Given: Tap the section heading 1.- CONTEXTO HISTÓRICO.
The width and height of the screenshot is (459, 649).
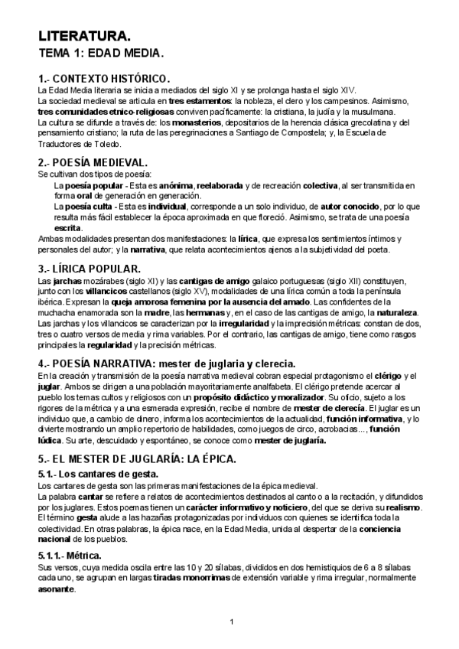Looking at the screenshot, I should click(x=103, y=79).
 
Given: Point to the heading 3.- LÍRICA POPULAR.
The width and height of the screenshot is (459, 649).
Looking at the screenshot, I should click(x=90, y=269).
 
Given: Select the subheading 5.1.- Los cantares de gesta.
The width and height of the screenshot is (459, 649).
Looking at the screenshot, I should click(x=98, y=475).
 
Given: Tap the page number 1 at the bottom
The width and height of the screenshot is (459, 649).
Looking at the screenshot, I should click(x=231, y=620).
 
